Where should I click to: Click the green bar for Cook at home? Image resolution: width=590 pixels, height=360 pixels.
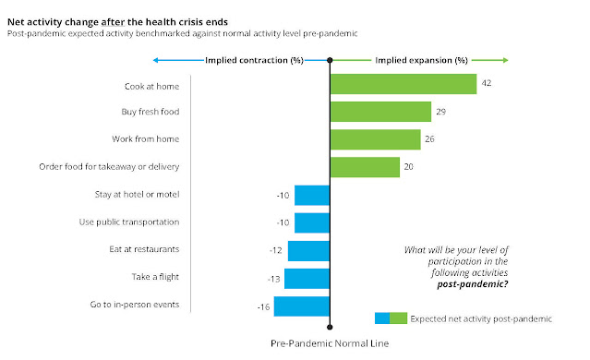coord(403,84)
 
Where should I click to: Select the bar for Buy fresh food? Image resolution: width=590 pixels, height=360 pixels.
coord(380,112)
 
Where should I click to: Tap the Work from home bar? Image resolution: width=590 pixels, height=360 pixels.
coord(376,139)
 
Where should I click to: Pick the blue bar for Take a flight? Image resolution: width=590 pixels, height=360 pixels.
coord(307,279)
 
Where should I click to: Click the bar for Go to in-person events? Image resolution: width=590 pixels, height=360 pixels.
coord(301,306)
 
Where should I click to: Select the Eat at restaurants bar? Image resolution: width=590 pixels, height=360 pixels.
coord(308,251)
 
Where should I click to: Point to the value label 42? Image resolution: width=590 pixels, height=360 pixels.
coord(487,83)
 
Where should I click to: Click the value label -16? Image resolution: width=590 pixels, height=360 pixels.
coord(263,307)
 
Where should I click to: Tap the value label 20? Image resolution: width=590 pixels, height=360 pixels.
coord(409,167)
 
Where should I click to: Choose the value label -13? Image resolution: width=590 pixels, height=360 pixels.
coord(273,279)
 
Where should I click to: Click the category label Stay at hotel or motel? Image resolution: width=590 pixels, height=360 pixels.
coord(137,195)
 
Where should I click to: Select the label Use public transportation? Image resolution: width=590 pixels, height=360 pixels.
coord(129,222)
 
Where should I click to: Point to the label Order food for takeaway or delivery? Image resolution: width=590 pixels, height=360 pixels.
coord(109,167)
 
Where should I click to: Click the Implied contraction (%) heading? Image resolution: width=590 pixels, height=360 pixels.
coord(254,61)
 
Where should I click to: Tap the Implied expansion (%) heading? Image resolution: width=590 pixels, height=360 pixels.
coord(421,61)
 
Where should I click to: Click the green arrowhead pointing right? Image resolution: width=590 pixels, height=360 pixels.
coord(506,60)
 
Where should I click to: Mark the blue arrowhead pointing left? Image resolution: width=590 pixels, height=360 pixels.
coord(155,60)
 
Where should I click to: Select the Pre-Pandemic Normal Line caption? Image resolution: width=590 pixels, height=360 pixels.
coord(330,343)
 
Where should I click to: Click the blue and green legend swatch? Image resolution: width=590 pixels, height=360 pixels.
coord(391,318)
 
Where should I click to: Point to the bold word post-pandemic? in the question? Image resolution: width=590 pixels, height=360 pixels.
coord(473,284)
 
